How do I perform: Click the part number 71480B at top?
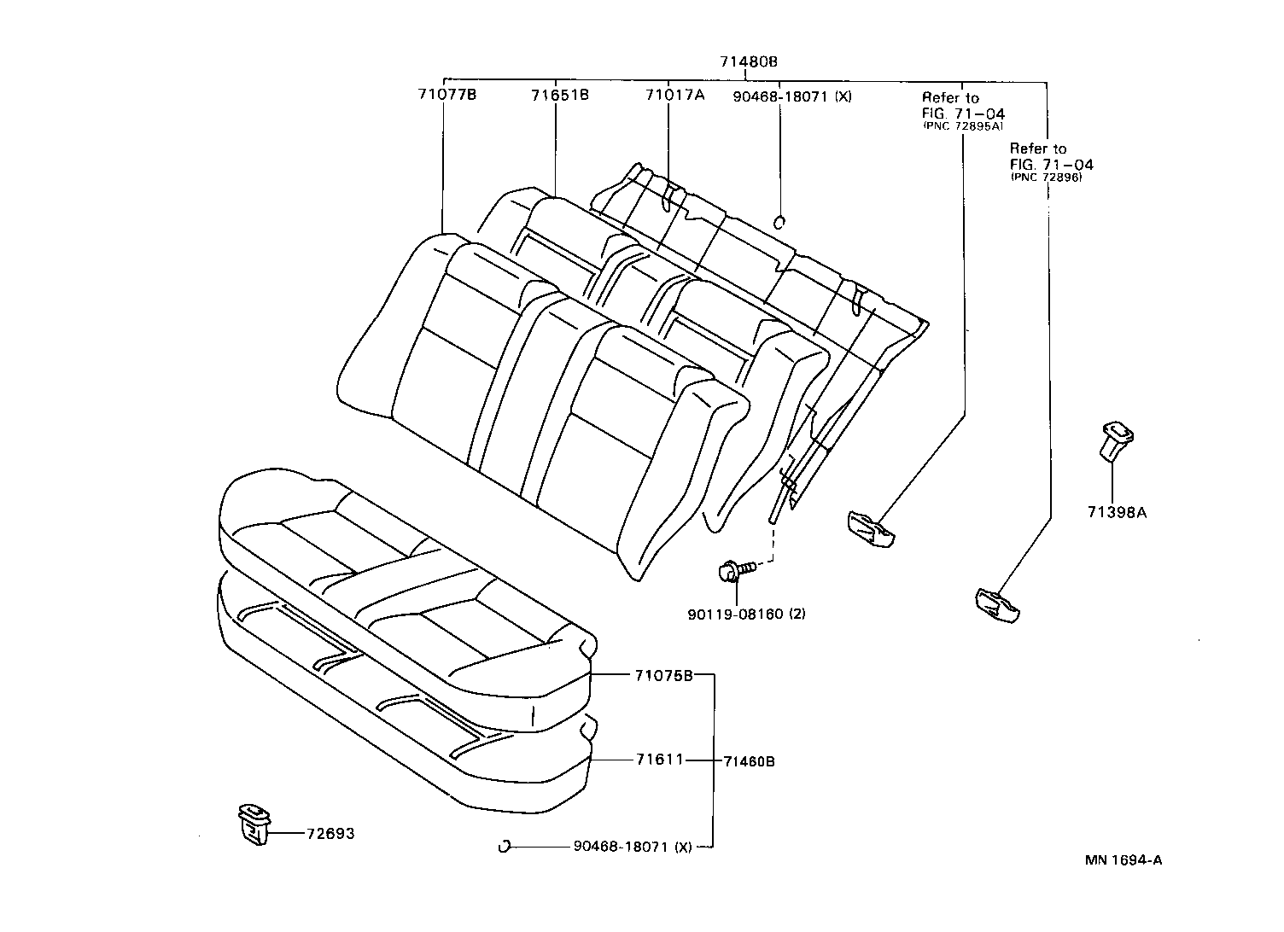(748, 61)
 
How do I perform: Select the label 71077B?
(446, 95)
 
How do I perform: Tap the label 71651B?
(559, 95)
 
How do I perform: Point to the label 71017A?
(674, 95)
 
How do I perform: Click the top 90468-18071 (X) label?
(792, 96)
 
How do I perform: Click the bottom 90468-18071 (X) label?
(632, 847)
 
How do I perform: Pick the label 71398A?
(1117, 513)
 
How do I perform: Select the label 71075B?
(663, 675)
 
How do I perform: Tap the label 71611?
(659, 759)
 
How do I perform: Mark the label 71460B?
(749, 761)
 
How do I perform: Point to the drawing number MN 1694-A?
(1123, 859)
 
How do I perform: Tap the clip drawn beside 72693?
(254, 824)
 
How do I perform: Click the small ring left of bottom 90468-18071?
(504, 847)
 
